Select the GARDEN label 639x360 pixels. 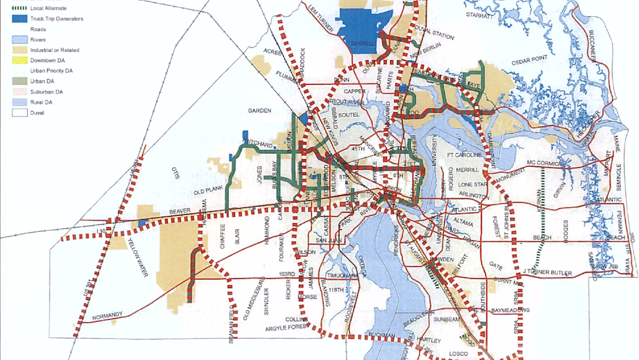(x=260, y=111)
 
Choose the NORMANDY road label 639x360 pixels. (x=108, y=316)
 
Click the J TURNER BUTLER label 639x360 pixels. (x=547, y=271)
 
